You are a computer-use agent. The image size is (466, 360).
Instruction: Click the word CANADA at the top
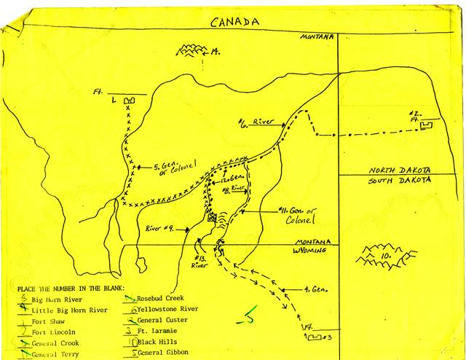coord(234,22)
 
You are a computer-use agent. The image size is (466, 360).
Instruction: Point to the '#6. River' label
coord(257,122)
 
